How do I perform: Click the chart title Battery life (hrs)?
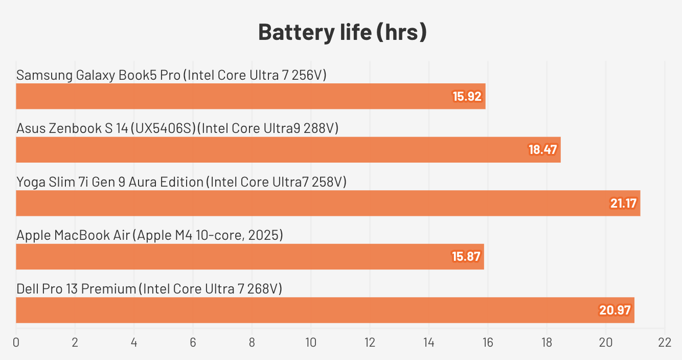coord(342,32)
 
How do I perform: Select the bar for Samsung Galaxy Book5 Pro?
coord(251,96)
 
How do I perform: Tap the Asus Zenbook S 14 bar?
coord(288,150)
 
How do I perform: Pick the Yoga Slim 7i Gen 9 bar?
coord(328,203)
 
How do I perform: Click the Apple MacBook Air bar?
coord(249,257)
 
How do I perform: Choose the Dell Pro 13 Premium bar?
coord(325,310)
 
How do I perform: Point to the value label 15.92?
coord(467,96)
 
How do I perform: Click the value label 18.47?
coord(542,150)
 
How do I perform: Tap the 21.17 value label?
coord(623,203)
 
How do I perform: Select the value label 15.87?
coord(466,257)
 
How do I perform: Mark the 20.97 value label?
coord(616,310)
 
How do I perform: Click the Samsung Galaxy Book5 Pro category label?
coord(171,75)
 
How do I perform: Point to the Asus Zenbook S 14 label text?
coord(177,128)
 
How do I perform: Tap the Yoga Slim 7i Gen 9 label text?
coord(181,182)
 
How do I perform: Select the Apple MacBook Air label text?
coord(150,235)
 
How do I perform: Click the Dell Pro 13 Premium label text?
coord(149,289)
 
